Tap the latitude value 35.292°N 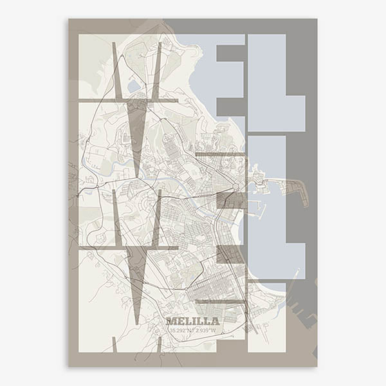pyautogui.click(x=181, y=331)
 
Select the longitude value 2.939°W pyautogui.click(x=205, y=331)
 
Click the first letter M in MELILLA pyautogui.click(x=170, y=321)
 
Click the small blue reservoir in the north pyautogui.click(x=134, y=86)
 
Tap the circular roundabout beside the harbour pyautogui.click(x=236, y=187)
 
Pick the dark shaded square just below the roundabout pyautogui.click(x=231, y=200)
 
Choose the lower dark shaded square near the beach pyautogui.click(x=230, y=254)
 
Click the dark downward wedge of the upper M pyautogui.click(x=136, y=129)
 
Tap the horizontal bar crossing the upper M pyautogui.click(x=128, y=101)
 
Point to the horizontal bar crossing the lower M pyautogui.click(x=128, y=247)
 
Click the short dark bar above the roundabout pyautogui.click(x=221, y=154)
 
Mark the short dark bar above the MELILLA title pyautogui.click(x=220, y=301)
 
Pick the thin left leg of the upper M pyautogui.click(x=116, y=71)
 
